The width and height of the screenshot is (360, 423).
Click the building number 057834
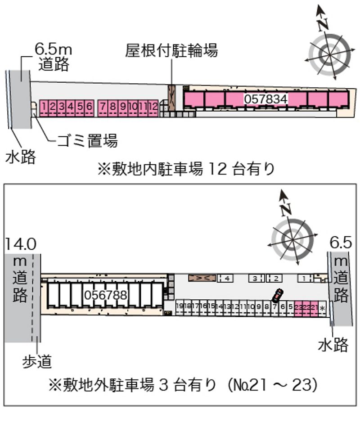point(265,99)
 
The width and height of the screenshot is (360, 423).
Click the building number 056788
point(106,295)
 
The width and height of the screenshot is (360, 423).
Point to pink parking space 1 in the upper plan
point(45,107)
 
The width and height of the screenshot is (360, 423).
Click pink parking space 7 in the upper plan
point(103,107)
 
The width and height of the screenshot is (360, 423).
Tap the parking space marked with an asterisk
point(322,308)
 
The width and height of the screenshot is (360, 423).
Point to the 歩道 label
point(37,360)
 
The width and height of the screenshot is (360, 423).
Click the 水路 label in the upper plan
point(20,157)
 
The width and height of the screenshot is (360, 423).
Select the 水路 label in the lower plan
point(333,345)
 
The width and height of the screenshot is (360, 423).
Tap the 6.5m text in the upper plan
point(54,49)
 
